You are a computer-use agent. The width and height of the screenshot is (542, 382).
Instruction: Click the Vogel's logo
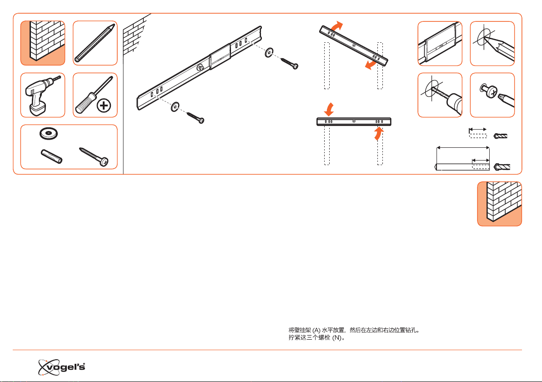coord(61,367)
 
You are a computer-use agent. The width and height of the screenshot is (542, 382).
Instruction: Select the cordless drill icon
coord(43,95)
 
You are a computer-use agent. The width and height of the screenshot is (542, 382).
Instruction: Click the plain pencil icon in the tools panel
coord(95,43)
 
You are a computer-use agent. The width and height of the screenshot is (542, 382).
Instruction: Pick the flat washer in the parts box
coord(48,133)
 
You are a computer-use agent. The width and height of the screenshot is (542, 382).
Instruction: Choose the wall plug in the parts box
coord(51,156)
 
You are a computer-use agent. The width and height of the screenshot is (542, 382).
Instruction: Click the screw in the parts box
coord(94,157)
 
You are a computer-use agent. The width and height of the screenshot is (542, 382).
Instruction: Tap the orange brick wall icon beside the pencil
coord(43,43)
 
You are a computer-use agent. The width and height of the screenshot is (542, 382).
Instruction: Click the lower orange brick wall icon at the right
coord(499,204)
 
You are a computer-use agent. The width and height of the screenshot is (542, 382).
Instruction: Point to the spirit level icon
coord(440,44)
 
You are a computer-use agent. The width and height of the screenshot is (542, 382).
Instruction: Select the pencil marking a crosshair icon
coord(492,44)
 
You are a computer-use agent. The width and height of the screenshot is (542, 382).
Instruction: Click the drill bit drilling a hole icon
coord(440,95)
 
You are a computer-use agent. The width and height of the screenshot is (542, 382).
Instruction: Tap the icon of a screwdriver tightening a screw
coord(492,95)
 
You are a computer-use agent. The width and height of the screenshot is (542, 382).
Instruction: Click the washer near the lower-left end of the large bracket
coord(175,107)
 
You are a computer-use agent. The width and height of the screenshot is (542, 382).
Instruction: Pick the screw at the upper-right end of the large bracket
coord(289,63)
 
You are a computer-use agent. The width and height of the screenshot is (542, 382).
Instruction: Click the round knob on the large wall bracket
coord(200,67)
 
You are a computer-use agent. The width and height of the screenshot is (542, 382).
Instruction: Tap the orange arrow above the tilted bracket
coord(337,26)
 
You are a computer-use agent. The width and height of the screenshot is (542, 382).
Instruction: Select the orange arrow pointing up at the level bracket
coord(379,134)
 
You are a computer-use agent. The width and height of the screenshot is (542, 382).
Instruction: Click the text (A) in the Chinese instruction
coord(316,330)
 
